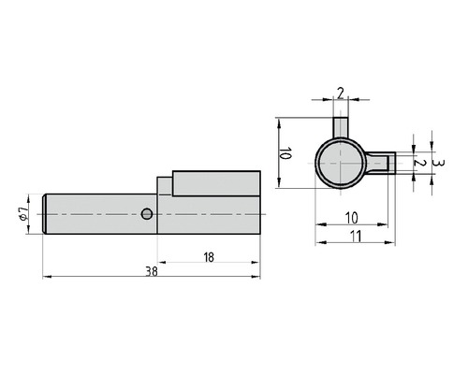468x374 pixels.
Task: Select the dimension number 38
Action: pyautogui.click(x=152, y=271)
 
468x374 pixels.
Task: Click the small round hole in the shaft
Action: pyautogui.click(x=146, y=214)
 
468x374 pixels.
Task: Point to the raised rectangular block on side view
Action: pyautogui.click(x=216, y=182)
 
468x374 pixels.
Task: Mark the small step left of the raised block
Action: pyautogui.click(x=165, y=185)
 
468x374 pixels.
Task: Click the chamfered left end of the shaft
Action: pyautogui.click(x=46, y=213)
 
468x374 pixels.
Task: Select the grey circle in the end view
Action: pyautogui.click(x=339, y=164)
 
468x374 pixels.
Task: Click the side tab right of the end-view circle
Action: pyautogui.click(x=376, y=164)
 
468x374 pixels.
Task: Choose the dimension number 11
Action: pyautogui.click(x=356, y=237)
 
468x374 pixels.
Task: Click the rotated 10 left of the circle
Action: pyautogui.click(x=286, y=153)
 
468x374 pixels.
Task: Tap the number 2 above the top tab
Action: pyautogui.click(x=341, y=92)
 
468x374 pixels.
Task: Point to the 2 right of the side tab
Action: pyautogui.click(x=422, y=163)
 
